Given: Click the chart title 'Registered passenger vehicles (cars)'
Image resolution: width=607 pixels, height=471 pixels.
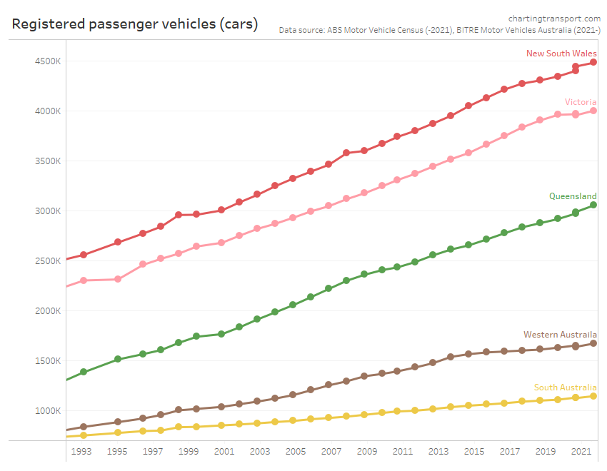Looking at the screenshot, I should [x=135, y=24].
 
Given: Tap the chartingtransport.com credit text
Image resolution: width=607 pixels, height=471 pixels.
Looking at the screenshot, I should [x=554, y=18].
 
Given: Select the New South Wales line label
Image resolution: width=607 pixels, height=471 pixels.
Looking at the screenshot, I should [x=561, y=54].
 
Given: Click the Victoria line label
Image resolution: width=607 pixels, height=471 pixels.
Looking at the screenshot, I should [x=581, y=102].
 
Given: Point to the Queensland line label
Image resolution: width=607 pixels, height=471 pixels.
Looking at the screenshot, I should [x=573, y=196].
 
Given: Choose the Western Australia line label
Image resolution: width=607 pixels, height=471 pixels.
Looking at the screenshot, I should [x=560, y=335].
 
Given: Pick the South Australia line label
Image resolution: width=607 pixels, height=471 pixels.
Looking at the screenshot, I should [x=565, y=388].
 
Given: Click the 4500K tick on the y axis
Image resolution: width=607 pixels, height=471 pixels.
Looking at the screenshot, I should [x=48, y=61].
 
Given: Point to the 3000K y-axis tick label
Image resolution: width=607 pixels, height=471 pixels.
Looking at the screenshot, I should [x=48, y=211].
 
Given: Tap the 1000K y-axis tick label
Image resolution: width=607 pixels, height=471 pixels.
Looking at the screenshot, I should [x=48, y=411].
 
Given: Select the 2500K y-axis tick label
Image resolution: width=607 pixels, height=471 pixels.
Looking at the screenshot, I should [x=48, y=261].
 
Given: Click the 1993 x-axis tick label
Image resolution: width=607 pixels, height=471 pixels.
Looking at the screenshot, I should [x=81, y=452].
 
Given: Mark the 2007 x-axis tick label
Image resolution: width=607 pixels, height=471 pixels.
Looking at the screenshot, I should [x=330, y=452].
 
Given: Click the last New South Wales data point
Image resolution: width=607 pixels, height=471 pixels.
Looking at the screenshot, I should [x=593, y=63].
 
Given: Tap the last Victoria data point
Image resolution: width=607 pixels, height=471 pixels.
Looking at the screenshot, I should [x=593, y=111].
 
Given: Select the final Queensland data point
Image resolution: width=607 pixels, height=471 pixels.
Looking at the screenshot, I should [x=593, y=206].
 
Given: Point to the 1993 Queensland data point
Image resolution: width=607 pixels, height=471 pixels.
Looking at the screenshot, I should [x=84, y=372].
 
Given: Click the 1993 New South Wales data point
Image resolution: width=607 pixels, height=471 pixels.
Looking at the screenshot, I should [x=84, y=255].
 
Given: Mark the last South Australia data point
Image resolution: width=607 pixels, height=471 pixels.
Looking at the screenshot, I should [x=593, y=396].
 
